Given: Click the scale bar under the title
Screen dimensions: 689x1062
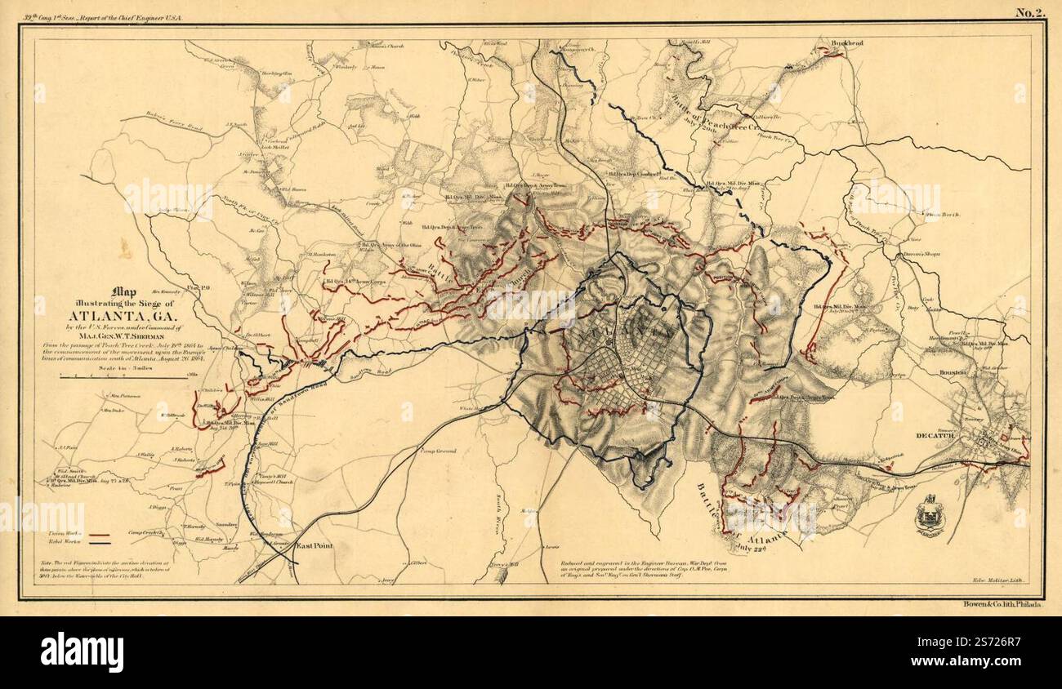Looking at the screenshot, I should tap(123, 376).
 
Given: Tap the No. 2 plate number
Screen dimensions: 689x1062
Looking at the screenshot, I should tap(1030, 11).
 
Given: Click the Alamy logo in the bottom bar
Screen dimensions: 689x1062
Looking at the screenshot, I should tap(82, 651).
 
